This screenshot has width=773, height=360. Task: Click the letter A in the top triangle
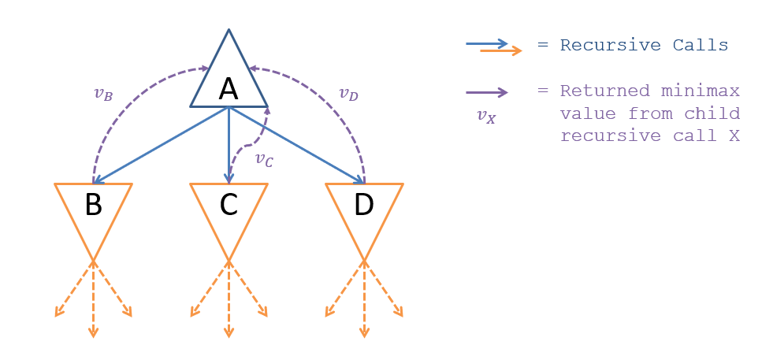(229, 89)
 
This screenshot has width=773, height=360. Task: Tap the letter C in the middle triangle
(229, 204)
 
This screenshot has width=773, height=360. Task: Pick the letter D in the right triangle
(363, 204)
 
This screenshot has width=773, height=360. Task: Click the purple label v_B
(102, 94)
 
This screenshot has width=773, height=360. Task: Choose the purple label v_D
(348, 94)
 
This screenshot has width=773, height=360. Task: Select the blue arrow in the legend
(485, 44)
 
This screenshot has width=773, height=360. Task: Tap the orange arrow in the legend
(501, 51)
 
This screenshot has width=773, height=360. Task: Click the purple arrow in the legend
(486, 92)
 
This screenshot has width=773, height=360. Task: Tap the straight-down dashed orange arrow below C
(229, 299)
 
